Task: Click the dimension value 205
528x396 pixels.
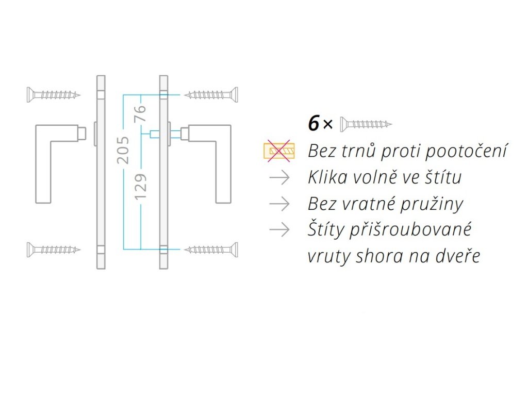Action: [x=123, y=150]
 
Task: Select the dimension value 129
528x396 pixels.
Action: [x=141, y=187]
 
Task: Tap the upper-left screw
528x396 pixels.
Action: [x=54, y=94]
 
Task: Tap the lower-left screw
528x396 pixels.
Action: [x=54, y=250]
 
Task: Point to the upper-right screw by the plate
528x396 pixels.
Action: [x=211, y=94]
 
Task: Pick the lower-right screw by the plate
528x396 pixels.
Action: [x=211, y=250]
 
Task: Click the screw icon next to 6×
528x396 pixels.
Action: [x=366, y=124]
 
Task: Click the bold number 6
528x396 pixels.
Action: [x=313, y=124]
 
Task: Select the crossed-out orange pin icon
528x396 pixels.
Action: [x=278, y=151]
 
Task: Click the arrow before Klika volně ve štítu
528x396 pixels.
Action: [x=279, y=177]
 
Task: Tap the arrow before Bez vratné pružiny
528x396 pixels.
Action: [x=279, y=204]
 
